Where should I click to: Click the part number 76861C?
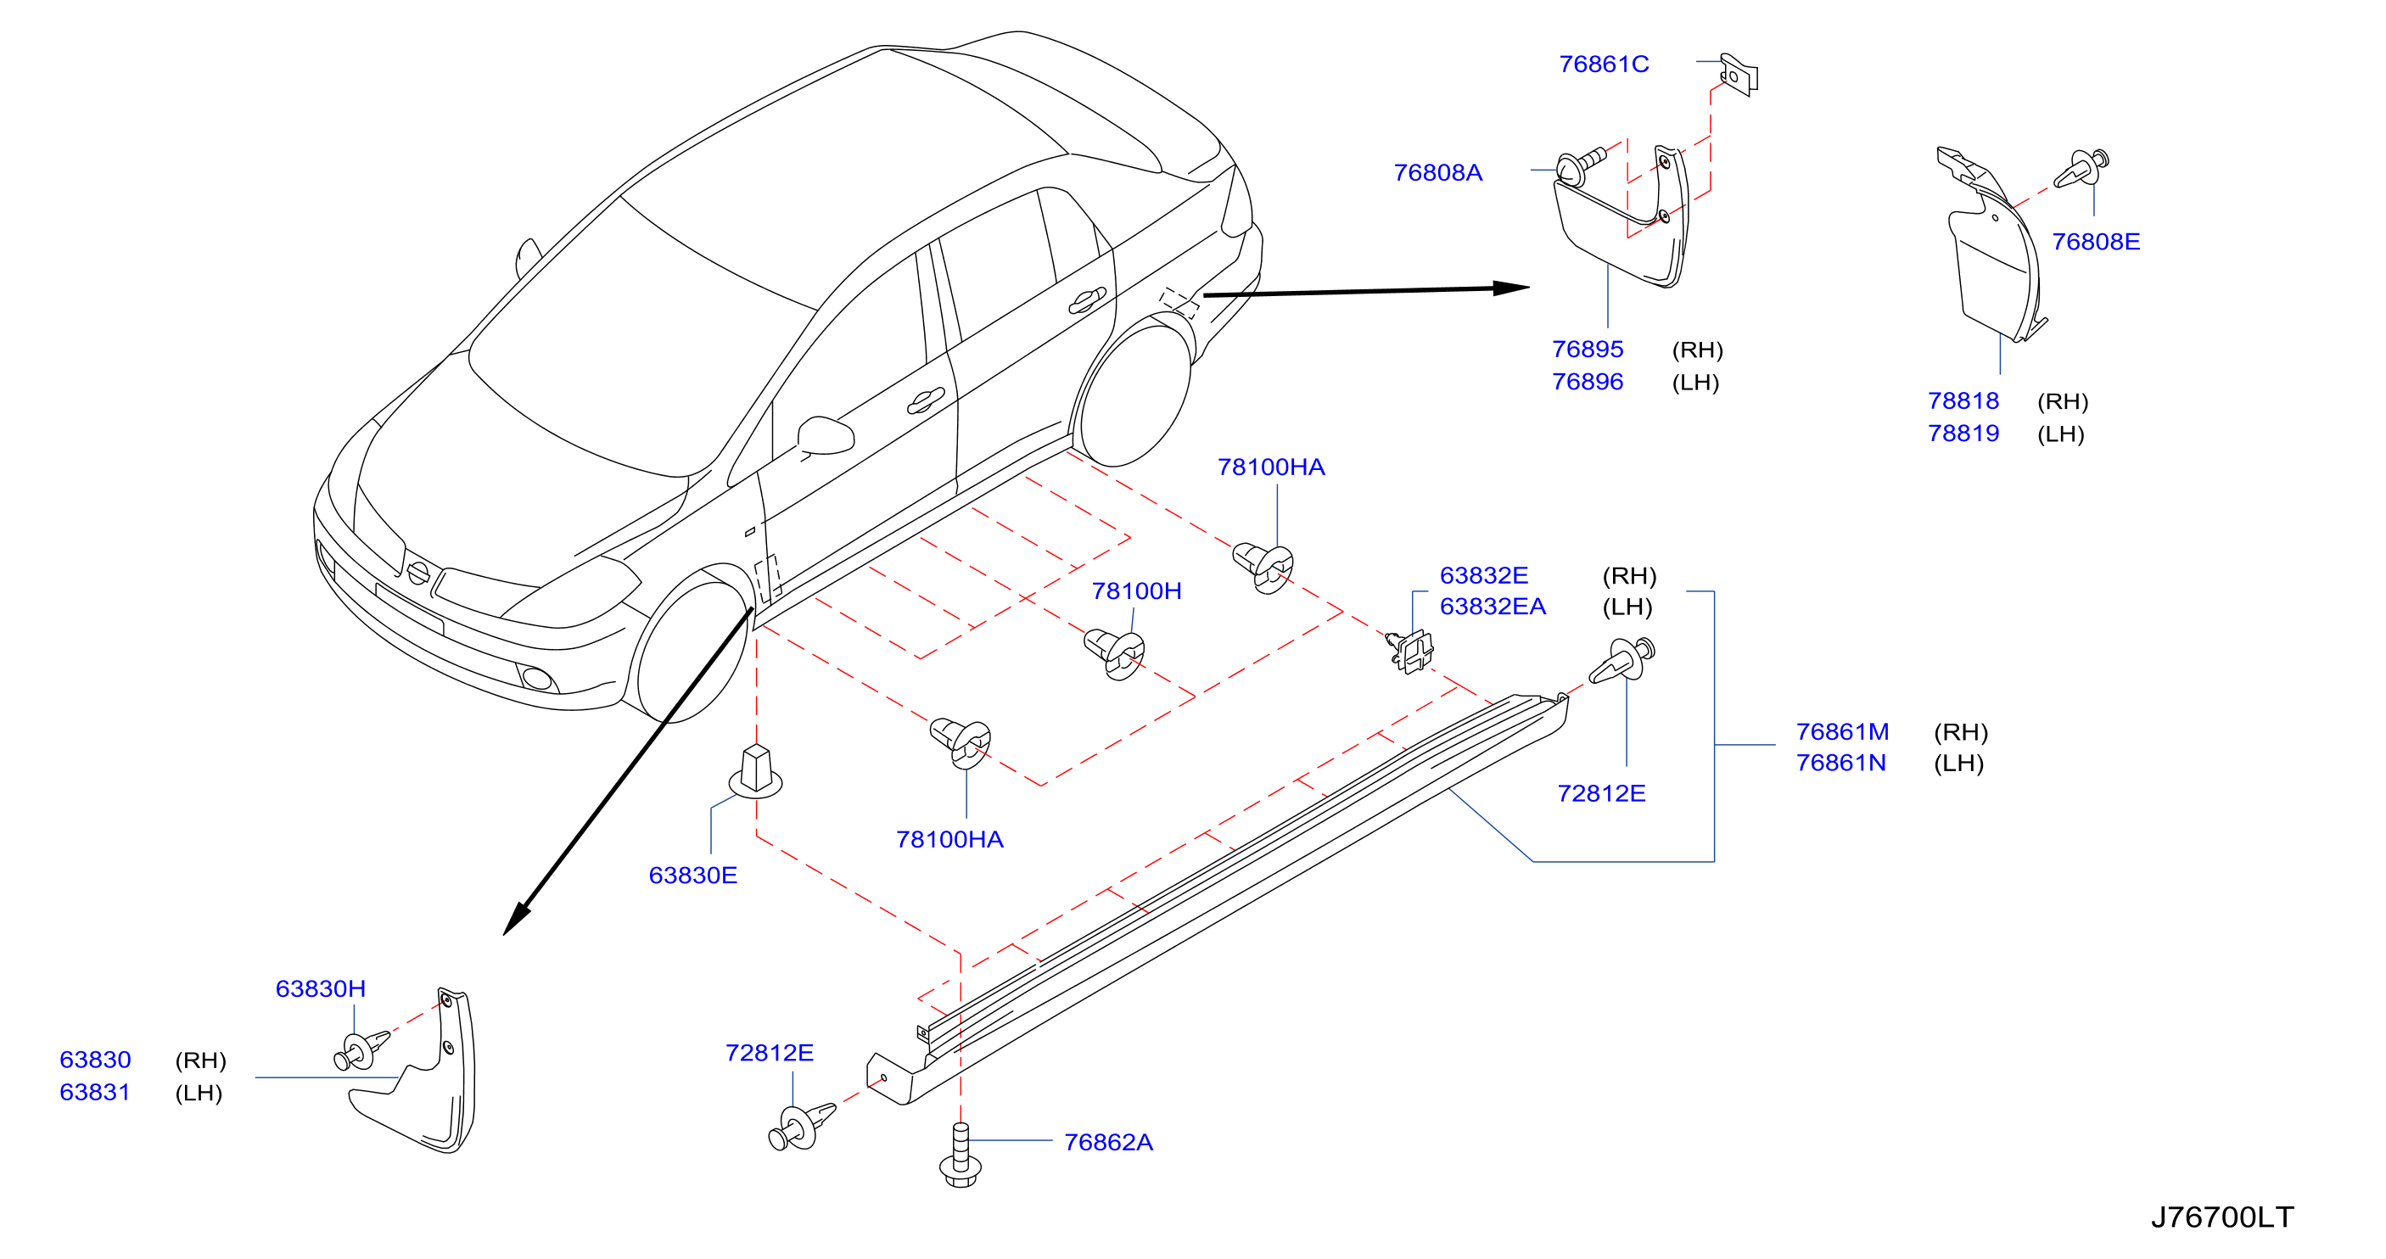pos(1604,64)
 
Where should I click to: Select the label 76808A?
pos(1437,172)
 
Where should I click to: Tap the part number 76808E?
pos(2095,242)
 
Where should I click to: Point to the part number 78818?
pos(1963,401)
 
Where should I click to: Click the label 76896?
pos(1588,382)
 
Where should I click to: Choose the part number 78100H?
pos(1136,591)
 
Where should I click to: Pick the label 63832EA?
pos(1493,607)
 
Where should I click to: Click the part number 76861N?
pos(1840,763)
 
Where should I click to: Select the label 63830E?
pos(693,876)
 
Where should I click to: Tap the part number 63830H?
pos(321,988)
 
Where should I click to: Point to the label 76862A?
pos(1108,1142)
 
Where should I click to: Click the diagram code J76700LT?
pos(2221,1217)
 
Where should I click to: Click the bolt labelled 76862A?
pos(961,1155)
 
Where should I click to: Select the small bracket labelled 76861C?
pos(1739,73)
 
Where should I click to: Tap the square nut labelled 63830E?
pos(756,772)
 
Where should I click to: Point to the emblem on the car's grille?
pos(417,574)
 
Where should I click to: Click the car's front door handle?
pos(924,401)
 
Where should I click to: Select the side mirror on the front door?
pos(826,436)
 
